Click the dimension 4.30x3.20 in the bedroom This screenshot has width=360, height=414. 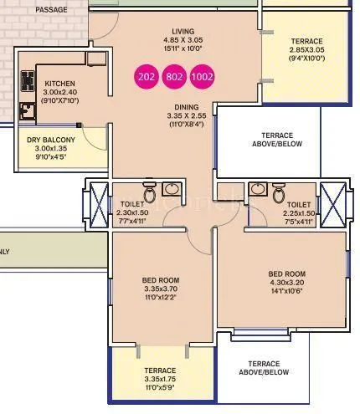tap(286, 284)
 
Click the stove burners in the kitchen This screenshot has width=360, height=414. tap(25, 82)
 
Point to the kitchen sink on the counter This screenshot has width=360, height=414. tap(25, 110)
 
